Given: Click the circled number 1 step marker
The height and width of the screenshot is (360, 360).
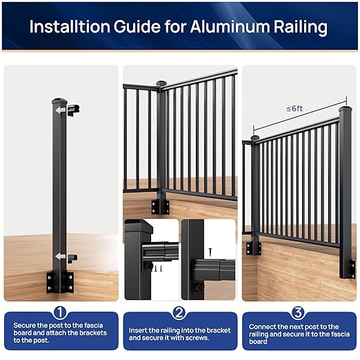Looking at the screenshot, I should (x=60, y=313).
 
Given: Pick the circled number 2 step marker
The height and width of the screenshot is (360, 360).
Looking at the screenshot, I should (x=179, y=313).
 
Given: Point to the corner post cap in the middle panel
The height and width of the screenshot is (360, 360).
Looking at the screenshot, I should (x=161, y=85).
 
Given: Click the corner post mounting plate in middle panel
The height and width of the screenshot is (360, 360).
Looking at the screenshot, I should (x=161, y=205).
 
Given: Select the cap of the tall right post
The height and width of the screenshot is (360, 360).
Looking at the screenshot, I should (x=345, y=108).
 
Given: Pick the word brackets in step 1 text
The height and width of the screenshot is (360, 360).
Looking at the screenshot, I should (x=85, y=332).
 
